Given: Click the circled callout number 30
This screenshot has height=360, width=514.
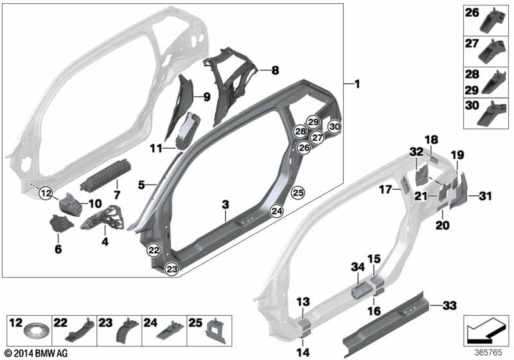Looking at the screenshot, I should [334, 127].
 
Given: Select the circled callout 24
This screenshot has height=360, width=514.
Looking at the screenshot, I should [276, 210].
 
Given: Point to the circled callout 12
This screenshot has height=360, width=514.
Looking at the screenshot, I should [44, 192].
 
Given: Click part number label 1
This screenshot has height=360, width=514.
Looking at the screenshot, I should [357, 84].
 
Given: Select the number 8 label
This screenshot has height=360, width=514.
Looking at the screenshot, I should [275, 69].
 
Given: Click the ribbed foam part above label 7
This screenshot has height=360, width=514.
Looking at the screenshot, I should [105, 174].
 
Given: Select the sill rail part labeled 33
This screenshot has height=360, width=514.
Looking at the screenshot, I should [385, 321].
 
